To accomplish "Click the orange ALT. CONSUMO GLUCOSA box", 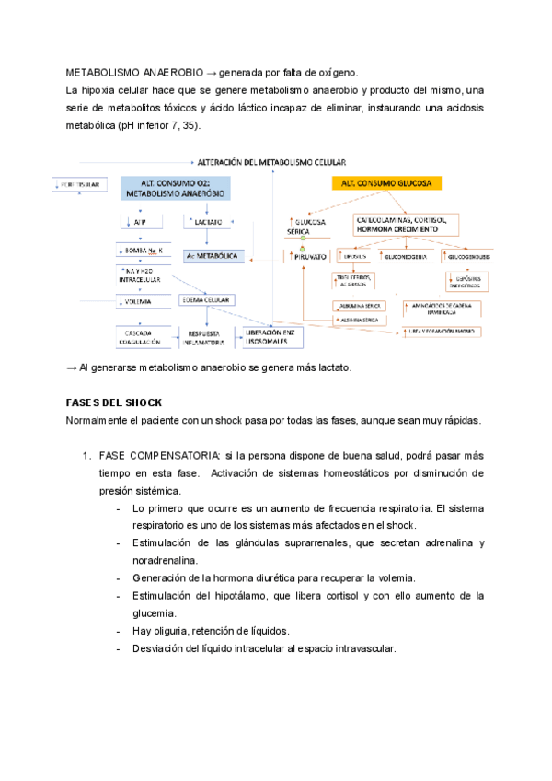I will pos(386,184).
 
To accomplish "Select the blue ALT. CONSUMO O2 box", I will pos(175,189).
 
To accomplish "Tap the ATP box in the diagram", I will pos(139,222).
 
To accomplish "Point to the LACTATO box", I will pos(204,222).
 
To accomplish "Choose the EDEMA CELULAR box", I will pos(207,300).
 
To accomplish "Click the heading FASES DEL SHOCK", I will pos(114,403).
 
